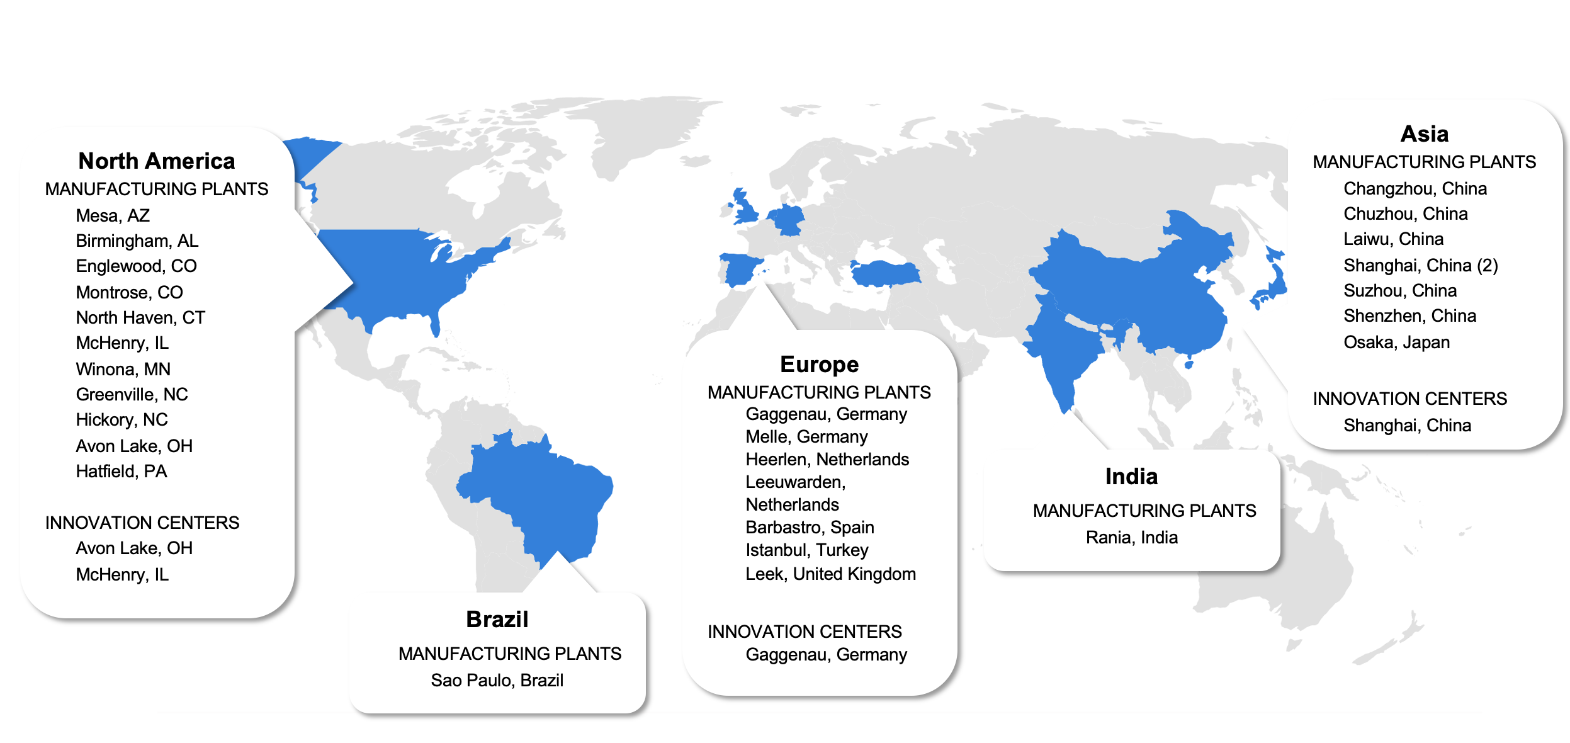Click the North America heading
[156, 161]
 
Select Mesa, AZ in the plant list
[113, 216]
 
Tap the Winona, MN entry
[123, 369]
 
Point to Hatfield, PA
[121, 472]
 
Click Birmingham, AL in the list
[137, 241]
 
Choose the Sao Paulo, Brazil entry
[497, 681]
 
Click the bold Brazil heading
[497, 620]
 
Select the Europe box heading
[819, 365]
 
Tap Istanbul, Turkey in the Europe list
[806, 550]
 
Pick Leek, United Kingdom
[830, 574]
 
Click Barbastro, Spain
[810, 528]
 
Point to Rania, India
[1131, 538]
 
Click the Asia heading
[1424, 134]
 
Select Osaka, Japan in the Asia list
[1396, 343]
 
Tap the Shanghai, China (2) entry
[1420, 266]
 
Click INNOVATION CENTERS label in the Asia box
[1409, 399]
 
